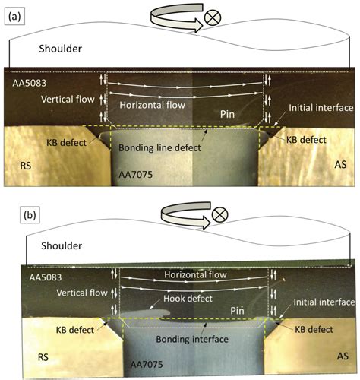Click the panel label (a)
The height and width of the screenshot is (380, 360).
pyautogui.click(x=14, y=12)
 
